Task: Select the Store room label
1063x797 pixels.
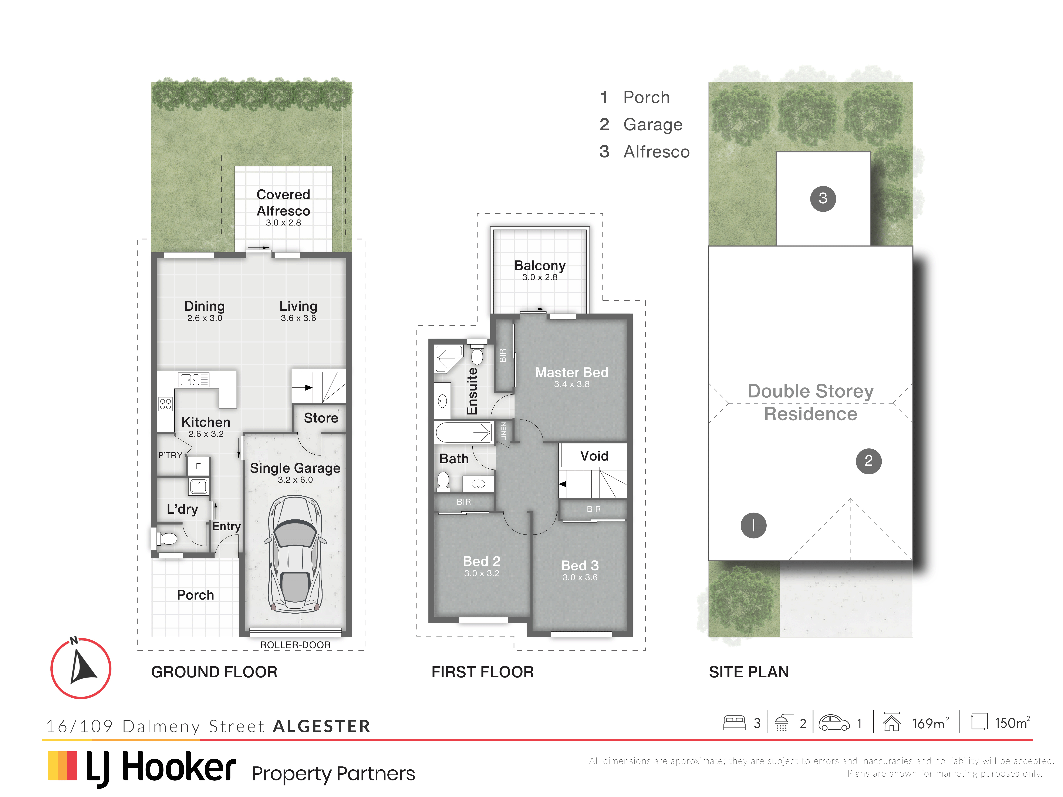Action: [321, 418]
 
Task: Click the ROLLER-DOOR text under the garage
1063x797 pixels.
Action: [295, 645]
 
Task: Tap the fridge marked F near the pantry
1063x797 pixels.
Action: [198, 466]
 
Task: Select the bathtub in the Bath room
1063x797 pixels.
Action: [464, 432]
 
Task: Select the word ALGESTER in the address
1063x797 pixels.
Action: [321, 726]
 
